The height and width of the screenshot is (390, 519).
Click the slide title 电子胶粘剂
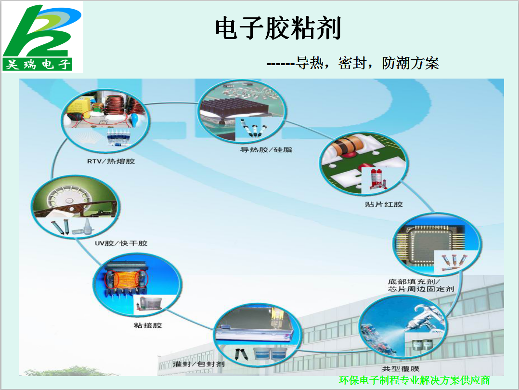(x=278, y=28)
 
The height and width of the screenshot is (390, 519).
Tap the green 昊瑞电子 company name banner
(x=37, y=64)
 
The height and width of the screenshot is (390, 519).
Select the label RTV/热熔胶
(x=111, y=161)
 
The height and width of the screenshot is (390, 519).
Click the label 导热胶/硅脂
(x=266, y=150)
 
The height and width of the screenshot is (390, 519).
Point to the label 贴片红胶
(x=384, y=204)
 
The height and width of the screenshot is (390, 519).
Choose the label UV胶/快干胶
(x=121, y=243)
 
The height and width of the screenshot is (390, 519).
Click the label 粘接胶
(x=148, y=325)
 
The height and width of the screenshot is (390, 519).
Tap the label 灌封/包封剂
(x=198, y=364)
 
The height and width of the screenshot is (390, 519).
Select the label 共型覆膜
(x=401, y=369)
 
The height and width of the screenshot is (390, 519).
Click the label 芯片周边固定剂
(x=421, y=289)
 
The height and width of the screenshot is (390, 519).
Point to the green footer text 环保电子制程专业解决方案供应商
(x=415, y=380)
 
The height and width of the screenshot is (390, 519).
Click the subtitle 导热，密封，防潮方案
(x=367, y=63)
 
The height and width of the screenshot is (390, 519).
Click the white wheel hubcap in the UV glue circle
(x=70, y=199)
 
